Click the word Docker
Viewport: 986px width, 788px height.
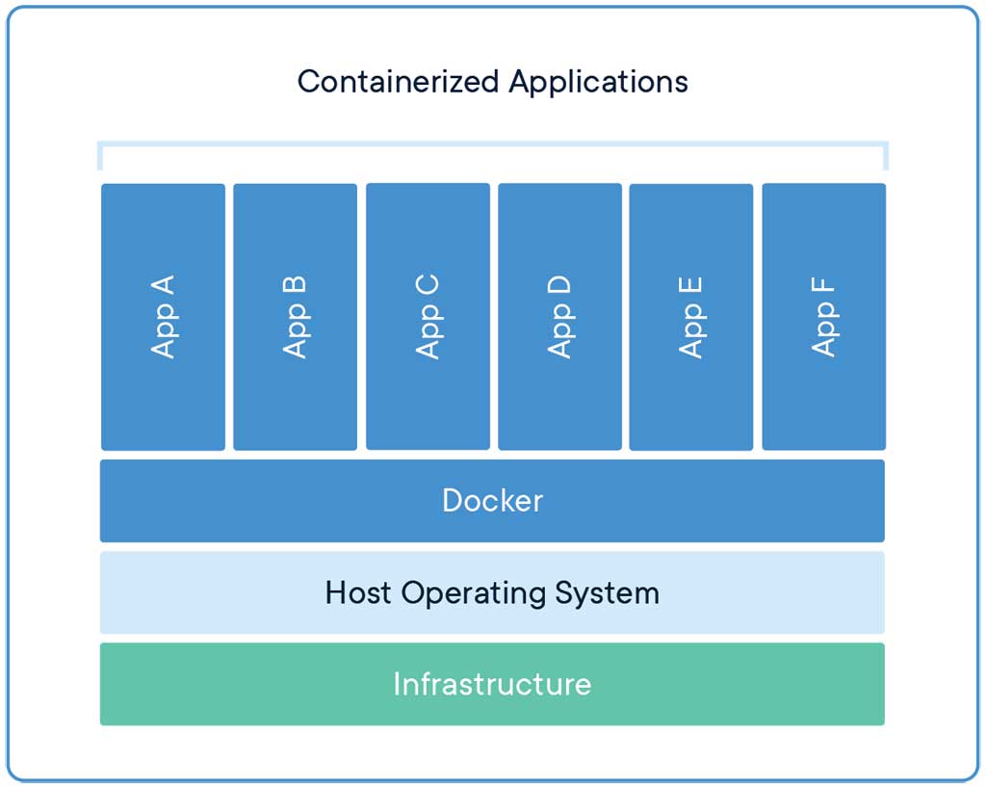coord(492,500)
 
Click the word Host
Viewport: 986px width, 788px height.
coord(358,591)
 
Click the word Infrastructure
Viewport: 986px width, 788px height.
coord(492,684)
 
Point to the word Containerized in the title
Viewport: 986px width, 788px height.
coord(399,81)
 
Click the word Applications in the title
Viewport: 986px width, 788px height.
coord(598,82)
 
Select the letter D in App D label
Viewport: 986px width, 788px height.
coord(559,285)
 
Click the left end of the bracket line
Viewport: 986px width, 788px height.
coord(99,155)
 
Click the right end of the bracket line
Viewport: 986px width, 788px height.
coord(885,155)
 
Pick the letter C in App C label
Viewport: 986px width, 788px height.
coord(428,285)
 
